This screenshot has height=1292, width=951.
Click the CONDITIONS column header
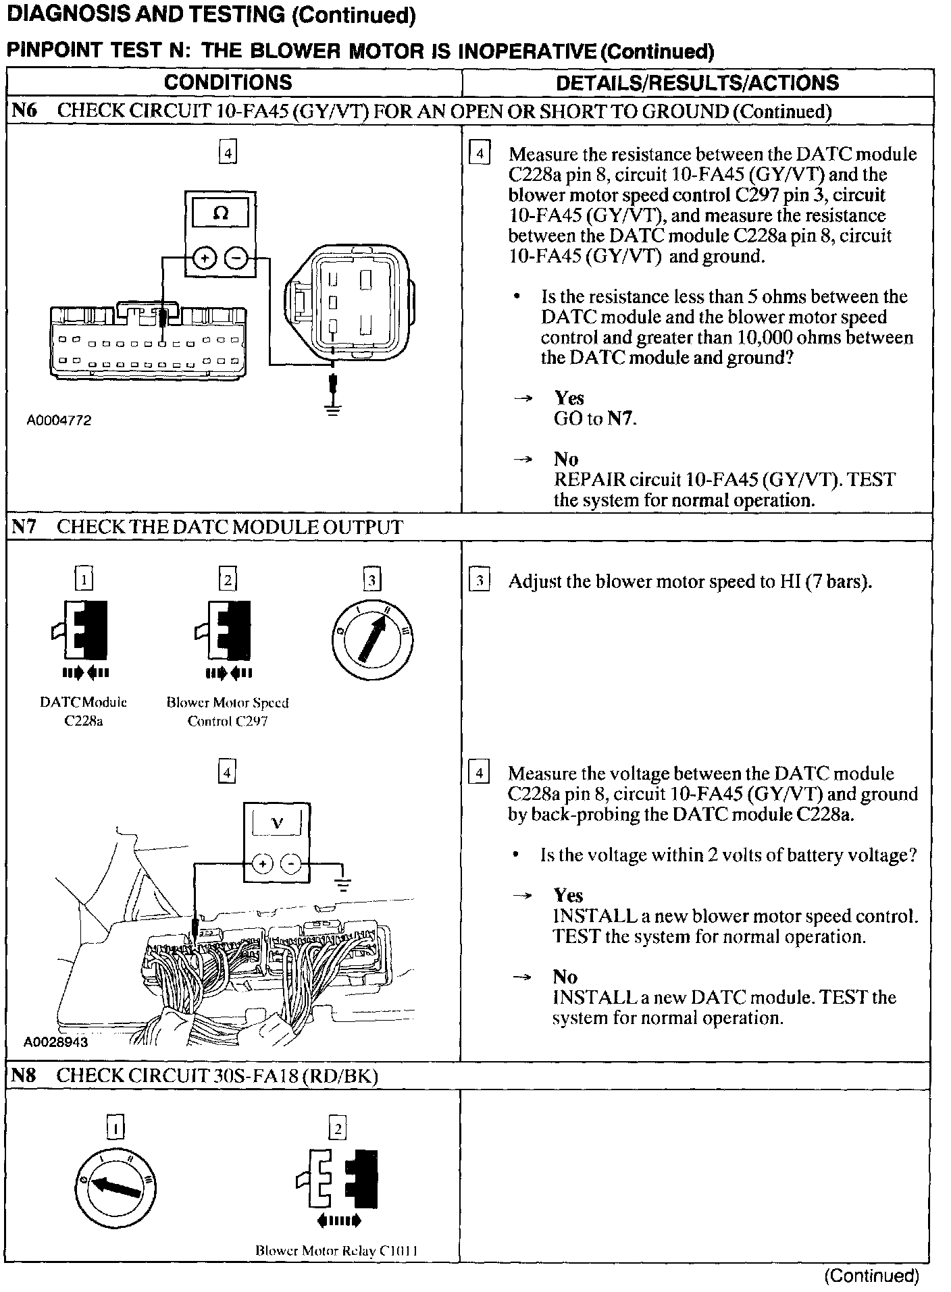(x=228, y=82)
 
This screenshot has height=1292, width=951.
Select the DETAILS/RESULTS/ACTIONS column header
(x=697, y=83)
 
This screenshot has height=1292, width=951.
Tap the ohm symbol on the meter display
(x=220, y=214)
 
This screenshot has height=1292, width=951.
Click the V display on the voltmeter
(x=277, y=823)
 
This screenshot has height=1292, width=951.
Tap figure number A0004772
(x=59, y=421)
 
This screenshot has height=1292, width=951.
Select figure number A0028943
(x=55, y=1042)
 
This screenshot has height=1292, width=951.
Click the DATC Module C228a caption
(x=84, y=711)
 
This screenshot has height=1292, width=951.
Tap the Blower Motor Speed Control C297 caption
(x=228, y=711)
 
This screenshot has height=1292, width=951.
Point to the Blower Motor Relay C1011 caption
(x=336, y=1250)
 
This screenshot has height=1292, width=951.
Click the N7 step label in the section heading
(x=24, y=527)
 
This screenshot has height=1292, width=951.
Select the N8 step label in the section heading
(x=24, y=1075)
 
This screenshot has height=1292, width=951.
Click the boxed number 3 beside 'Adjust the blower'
(x=478, y=581)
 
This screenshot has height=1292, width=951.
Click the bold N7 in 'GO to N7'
(x=621, y=419)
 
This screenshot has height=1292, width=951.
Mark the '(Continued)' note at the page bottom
(x=872, y=1275)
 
